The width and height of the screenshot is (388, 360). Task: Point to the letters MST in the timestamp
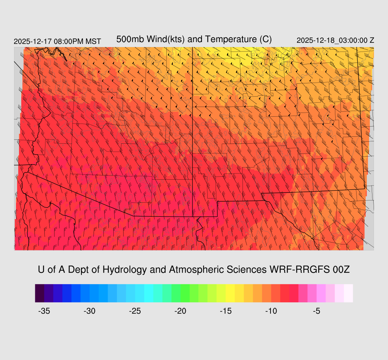pyautogui.click(x=93, y=41)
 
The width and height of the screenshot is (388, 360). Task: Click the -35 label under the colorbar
pyautogui.click(x=44, y=311)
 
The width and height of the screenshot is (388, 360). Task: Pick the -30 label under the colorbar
pyautogui.click(x=89, y=311)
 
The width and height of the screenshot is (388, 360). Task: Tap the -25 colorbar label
pyautogui.click(x=135, y=311)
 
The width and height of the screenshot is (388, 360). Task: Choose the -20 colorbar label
pyautogui.click(x=180, y=311)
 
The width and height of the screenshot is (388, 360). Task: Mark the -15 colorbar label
pyautogui.click(x=226, y=311)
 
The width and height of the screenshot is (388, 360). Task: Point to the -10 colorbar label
pyautogui.click(x=271, y=311)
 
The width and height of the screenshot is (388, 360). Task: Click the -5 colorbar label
pyautogui.click(x=317, y=311)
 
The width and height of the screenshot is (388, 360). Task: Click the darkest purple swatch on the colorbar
pyautogui.click(x=39, y=293)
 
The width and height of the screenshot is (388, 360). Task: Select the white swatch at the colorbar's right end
pyautogui.click(x=348, y=293)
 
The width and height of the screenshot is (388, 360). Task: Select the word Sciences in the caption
pyautogui.click(x=246, y=270)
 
